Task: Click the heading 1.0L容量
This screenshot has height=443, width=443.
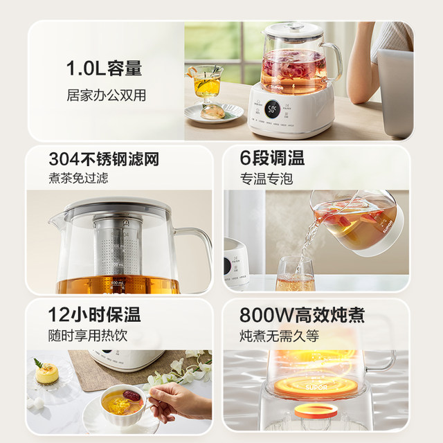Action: (104, 69)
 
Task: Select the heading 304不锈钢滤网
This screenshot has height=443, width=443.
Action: (105, 160)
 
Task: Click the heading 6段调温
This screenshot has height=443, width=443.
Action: (273, 159)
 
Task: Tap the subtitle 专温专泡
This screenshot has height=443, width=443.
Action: (266, 179)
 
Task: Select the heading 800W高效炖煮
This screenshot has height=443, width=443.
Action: (302, 316)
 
